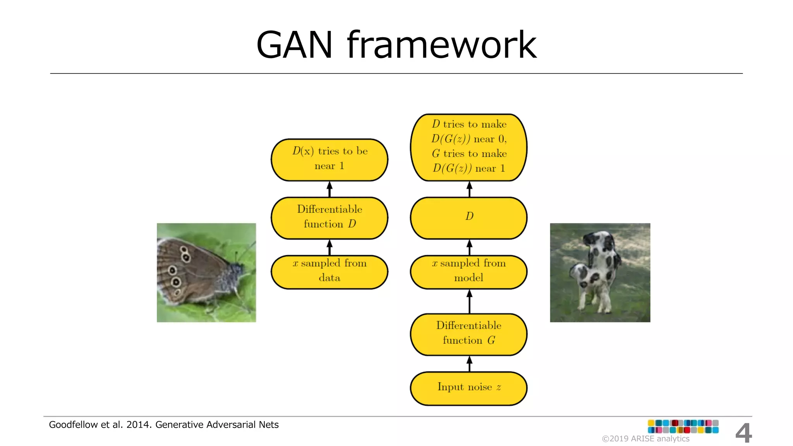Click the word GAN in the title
point(294,45)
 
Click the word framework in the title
point(441,45)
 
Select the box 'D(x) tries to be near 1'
point(329,160)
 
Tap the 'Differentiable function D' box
point(329,218)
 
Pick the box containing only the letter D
point(469,218)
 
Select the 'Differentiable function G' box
point(469,334)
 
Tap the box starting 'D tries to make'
point(469,147)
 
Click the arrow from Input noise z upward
point(469,364)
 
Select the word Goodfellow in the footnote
point(73,425)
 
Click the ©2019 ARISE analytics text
point(645,439)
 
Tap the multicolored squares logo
point(683,426)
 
